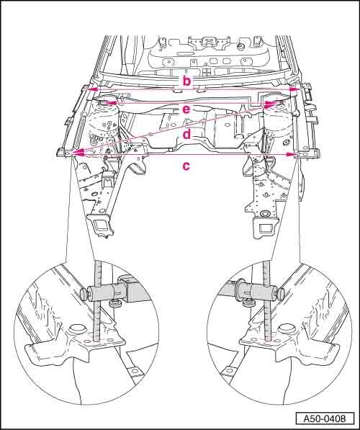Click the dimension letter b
click(186, 81)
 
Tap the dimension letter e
click(186, 109)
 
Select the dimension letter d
click(186, 135)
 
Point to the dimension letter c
click(186, 166)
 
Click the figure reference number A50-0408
click(325, 418)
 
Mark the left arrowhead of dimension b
click(93, 89)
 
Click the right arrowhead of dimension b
click(295, 89)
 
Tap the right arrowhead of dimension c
click(291, 155)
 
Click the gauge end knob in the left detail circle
click(84, 295)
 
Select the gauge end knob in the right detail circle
click(281, 293)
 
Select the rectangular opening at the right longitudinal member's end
click(265, 228)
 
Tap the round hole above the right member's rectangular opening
click(265, 214)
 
